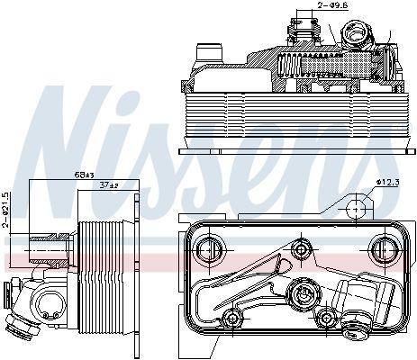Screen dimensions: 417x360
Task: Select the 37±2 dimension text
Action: [109, 185]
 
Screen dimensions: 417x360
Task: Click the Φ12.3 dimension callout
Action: [388, 183]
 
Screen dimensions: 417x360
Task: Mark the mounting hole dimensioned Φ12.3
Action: [356, 209]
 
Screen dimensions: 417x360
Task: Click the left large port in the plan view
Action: [209, 250]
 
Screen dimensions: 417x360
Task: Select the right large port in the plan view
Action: [384, 249]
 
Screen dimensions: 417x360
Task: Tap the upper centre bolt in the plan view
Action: [301, 249]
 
